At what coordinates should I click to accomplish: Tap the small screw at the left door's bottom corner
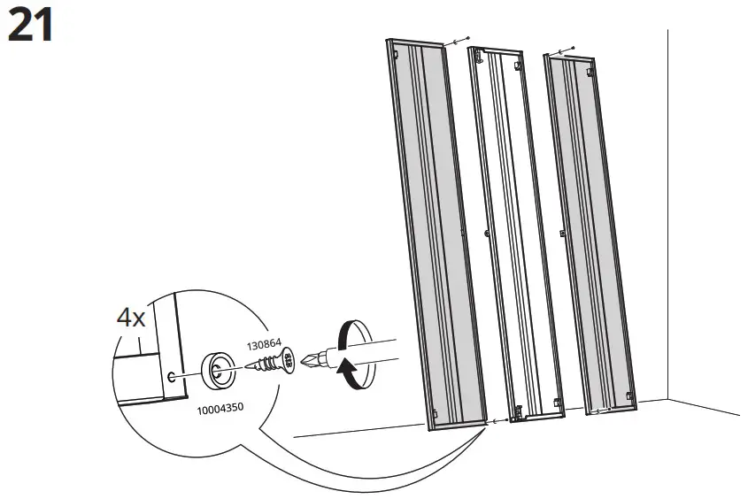[490, 423]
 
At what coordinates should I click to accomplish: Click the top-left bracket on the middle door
[477, 55]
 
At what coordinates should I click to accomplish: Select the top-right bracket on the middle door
[518, 64]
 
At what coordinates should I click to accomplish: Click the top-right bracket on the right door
[587, 71]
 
